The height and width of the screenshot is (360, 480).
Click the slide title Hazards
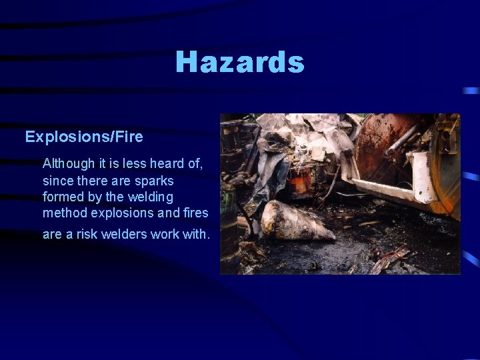[x=240, y=63]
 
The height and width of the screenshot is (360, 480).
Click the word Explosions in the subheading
[x=59, y=137]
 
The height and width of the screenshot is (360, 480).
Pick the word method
[x=63, y=213]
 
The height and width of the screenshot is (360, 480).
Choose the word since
[x=56, y=181]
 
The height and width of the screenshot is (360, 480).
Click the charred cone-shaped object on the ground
[x=296, y=222]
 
